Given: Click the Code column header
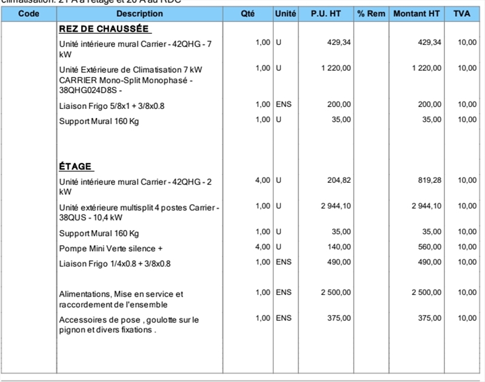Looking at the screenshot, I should tap(28, 13).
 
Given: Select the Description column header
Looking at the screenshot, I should tap(139, 13).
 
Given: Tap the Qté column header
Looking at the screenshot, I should tap(247, 13).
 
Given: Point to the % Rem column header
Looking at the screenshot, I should tap(371, 13).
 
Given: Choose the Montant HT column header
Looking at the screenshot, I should tap(416, 13).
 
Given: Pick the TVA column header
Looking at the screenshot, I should tap(465, 13).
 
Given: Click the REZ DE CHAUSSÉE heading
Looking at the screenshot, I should tap(104, 29).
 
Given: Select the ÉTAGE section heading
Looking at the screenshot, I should tap(76, 166).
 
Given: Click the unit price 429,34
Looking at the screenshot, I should tap(338, 42).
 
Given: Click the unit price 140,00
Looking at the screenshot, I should tap(338, 247).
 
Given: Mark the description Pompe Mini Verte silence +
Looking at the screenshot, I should tap(111, 248).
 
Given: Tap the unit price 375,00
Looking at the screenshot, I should tap(338, 318).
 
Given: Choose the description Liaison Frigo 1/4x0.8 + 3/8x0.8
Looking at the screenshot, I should tap(115, 263).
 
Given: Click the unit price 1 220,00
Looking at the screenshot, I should tap(336, 68).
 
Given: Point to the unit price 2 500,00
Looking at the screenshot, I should tap(336, 292).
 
